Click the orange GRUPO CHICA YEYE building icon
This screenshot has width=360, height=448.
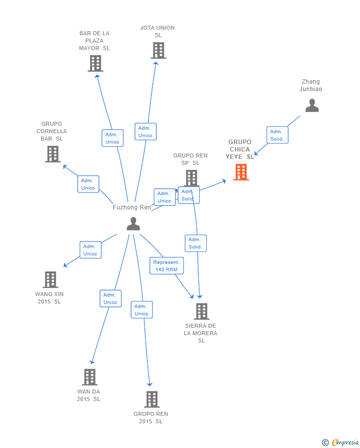[x=241, y=172]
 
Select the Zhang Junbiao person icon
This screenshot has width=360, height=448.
[x=312, y=105]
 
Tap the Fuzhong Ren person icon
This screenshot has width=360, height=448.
[x=133, y=224]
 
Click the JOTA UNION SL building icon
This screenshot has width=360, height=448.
[x=158, y=50]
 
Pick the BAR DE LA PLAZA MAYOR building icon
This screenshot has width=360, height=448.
[x=95, y=63]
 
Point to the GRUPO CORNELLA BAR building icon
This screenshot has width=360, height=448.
[x=52, y=154]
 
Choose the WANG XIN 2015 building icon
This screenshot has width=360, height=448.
[x=50, y=280]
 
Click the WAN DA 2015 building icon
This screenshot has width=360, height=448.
[x=90, y=377]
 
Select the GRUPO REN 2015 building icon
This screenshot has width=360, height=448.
[x=152, y=399]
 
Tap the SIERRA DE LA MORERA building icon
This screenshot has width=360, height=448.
[x=201, y=311]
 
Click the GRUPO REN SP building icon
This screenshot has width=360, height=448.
[x=191, y=178]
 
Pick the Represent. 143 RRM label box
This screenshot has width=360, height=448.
[x=167, y=266]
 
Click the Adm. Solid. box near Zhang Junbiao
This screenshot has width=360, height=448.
[x=277, y=135]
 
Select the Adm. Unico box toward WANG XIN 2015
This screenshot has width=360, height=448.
[x=90, y=250]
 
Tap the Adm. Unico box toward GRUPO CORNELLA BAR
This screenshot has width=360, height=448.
[x=88, y=184]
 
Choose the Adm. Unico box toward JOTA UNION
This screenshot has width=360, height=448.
[x=145, y=132]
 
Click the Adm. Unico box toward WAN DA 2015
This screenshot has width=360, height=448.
[x=110, y=299]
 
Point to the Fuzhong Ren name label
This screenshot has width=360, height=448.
[x=132, y=207]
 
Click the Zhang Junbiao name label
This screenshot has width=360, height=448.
[x=311, y=85]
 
